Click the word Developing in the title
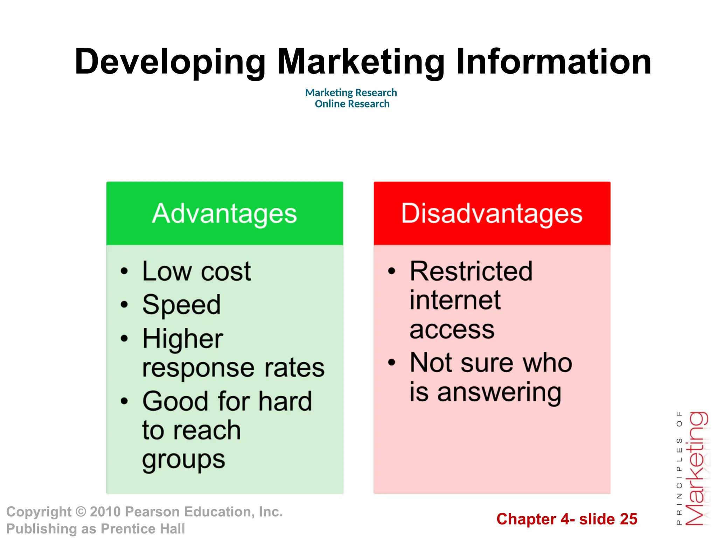click(x=170, y=62)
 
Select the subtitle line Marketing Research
click(x=351, y=92)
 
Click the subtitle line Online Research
click(x=352, y=104)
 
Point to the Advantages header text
click(x=224, y=214)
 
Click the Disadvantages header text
click(x=492, y=214)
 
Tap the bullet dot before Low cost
click(x=124, y=271)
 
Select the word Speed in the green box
click(x=181, y=305)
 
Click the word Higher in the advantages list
click(x=182, y=339)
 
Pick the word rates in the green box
click(x=294, y=368)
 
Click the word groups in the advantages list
click(x=183, y=460)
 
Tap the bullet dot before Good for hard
click(x=124, y=401)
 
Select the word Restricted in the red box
click(x=471, y=271)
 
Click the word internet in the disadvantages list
click(x=455, y=300)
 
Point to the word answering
click(x=499, y=392)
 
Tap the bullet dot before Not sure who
click(x=392, y=363)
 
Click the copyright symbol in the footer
click(x=81, y=512)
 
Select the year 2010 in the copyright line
click(x=105, y=512)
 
